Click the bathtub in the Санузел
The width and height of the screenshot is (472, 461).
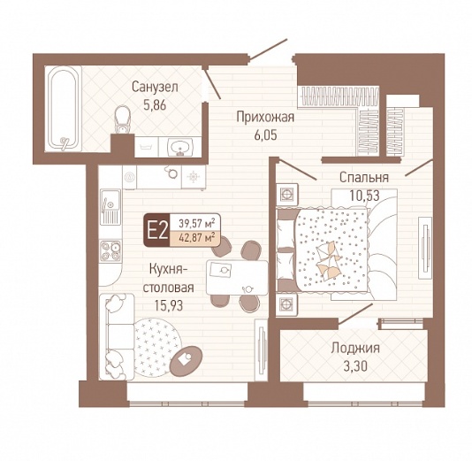[x=64, y=109]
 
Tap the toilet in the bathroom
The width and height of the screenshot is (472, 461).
[x=122, y=119]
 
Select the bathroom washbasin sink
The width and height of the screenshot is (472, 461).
[x=180, y=147]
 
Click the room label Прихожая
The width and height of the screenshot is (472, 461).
[x=265, y=117]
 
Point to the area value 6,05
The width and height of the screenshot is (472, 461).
[x=265, y=135]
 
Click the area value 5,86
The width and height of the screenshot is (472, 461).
[x=155, y=105]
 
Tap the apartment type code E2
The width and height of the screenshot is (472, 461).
[x=156, y=230]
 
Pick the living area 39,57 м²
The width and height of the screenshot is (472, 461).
[x=197, y=224]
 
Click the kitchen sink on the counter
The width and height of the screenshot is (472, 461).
[x=110, y=207]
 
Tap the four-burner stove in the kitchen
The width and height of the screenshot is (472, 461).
[x=110, y=250]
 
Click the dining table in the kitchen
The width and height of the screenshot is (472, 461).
[x=237, y=278]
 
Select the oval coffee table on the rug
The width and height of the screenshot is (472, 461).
[x=186, y=361]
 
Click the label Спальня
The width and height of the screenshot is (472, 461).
[x=364, y=177]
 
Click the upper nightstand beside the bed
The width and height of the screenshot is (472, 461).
[x=287, y=195]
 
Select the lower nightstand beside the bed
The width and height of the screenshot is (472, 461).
[x=287, y=304]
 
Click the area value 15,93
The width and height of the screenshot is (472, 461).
[x=169, y=305]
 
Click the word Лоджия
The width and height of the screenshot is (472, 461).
[x=355, y=348]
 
